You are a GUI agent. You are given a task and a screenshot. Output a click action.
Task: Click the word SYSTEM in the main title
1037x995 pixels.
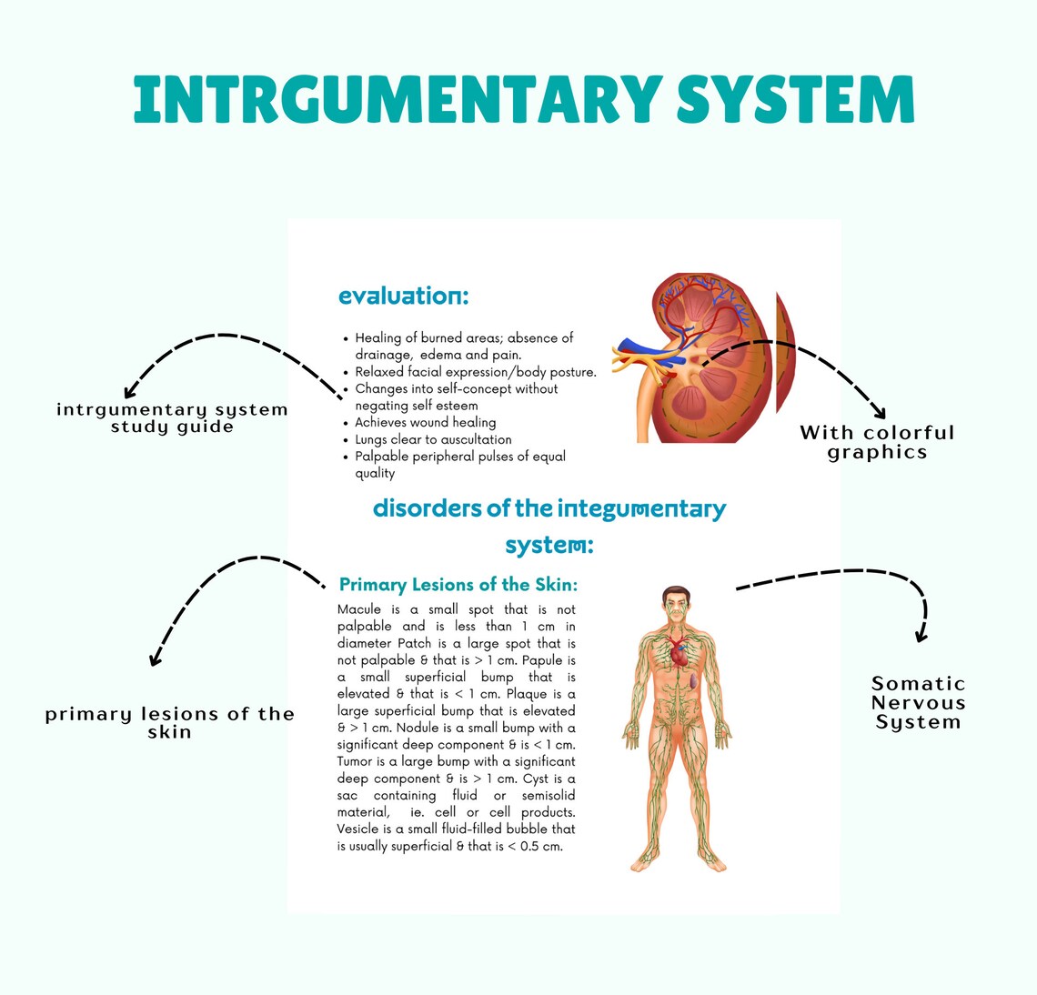[795, 99]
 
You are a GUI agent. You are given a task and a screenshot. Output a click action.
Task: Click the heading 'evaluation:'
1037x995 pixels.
[403, 296]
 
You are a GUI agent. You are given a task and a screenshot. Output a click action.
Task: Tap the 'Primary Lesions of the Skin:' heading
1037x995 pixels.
[458, 585]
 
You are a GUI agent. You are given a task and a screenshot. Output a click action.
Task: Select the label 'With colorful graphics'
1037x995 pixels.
[877, 443]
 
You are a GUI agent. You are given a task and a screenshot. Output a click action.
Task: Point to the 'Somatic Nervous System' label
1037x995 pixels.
[918, 703]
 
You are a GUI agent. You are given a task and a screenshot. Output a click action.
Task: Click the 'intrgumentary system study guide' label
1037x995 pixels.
[172, 418]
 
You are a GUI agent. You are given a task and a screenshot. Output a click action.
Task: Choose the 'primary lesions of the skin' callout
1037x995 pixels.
[170, 723]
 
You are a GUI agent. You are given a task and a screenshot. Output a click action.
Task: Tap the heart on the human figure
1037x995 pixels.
[680, 653]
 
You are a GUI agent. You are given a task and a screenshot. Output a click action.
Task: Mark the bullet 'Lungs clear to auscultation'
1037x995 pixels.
[433, 439]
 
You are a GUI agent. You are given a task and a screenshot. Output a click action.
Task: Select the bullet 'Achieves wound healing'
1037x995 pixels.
[425, 422]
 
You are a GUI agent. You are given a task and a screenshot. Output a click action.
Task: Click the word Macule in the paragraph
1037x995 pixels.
[358, 609]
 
